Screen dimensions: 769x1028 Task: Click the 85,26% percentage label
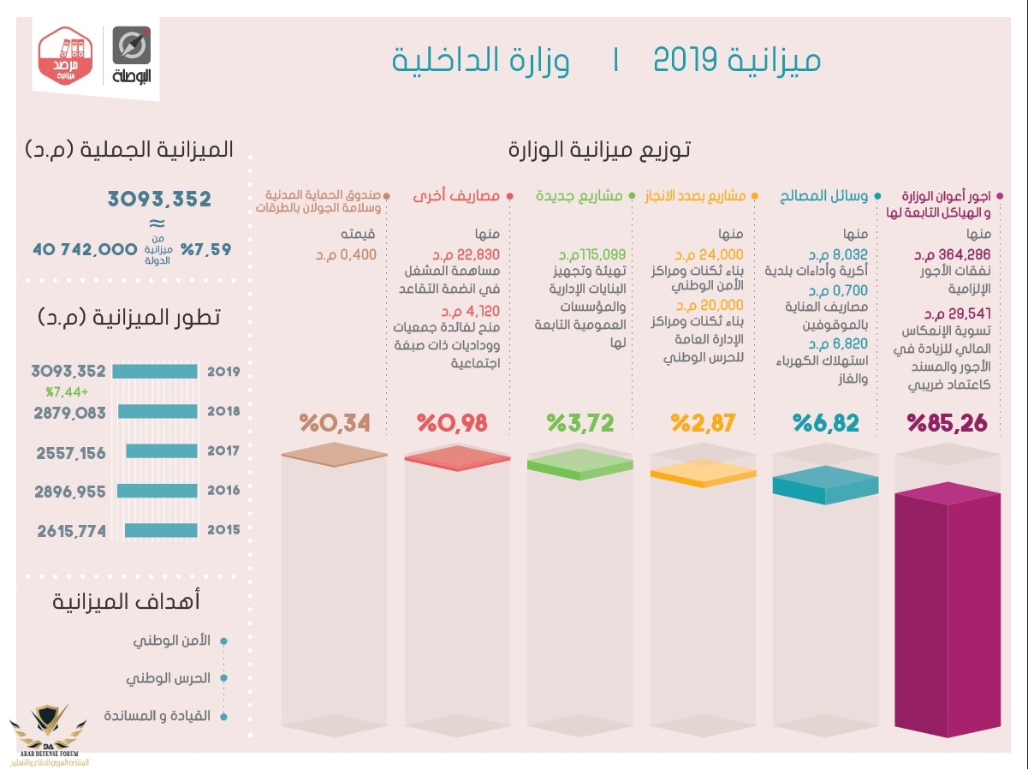(947, 423)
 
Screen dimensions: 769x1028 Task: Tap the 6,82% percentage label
(825, 423)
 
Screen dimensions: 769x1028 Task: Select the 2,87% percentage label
(704, 423)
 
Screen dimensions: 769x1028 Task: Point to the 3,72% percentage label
(581, 423)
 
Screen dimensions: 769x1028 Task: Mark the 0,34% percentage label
(335, 423)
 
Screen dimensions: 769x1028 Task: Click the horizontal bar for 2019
(155, 373)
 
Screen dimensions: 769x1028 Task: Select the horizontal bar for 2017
(162, 451)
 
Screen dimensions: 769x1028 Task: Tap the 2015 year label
(223, 530)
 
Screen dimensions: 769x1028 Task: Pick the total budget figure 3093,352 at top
(159, 200)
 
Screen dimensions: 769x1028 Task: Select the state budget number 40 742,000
(85, 249)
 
